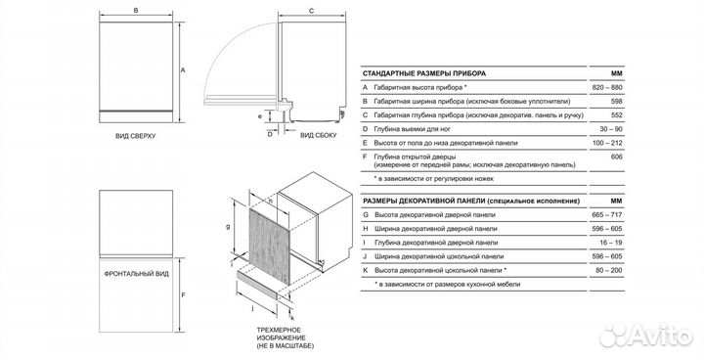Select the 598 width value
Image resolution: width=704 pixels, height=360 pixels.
(617, 101)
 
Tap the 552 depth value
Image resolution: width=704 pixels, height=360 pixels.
(617, 115)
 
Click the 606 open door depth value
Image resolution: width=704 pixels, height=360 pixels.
(617, 157)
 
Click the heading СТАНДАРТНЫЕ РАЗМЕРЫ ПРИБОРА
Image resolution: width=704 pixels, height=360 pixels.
(424, 73)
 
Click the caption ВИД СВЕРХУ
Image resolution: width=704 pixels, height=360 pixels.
(135, 136)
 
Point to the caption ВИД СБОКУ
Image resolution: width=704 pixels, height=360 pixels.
(318, 135)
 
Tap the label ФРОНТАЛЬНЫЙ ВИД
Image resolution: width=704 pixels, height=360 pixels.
(137, 274)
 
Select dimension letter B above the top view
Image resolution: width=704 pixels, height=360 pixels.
(136, 11)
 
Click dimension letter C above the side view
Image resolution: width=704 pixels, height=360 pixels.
(312, 11)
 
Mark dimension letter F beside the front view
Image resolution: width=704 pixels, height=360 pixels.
(183, 295)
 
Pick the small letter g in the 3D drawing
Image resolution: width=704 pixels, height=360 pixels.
(228, 227)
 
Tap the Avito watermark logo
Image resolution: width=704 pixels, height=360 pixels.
(647, 336)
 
